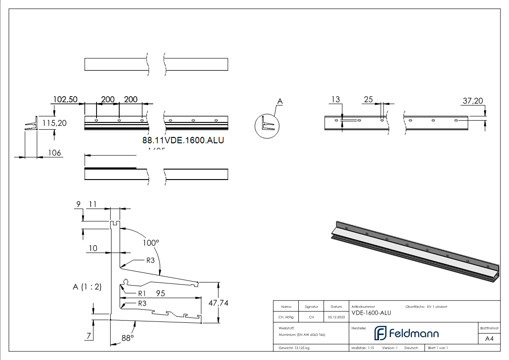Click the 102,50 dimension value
pos(65,99)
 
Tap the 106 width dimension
pos(54,153)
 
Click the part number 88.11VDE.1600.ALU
pos(183,140)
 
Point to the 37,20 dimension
pos(473,101)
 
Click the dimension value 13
pos(335,99)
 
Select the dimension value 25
pos(368,99)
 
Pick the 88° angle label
pos(127,338)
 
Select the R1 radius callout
pos(142,293)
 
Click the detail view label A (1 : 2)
pos(87,287)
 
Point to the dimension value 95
pos(160,293)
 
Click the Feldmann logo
pos(407,333)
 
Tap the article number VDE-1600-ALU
pos(371,312)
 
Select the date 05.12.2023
pos(336,317)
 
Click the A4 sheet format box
pos(489,338)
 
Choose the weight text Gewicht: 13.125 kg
pos(294,348)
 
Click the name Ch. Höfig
pos(286,317)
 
